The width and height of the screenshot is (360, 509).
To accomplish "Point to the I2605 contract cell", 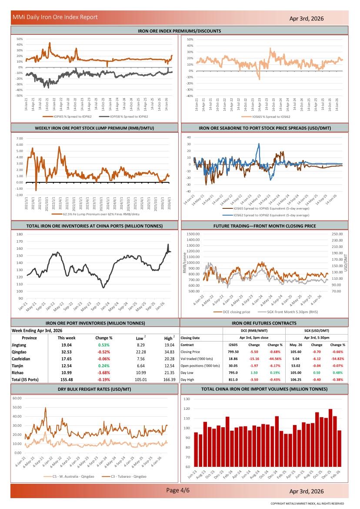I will pyautogui.click(x=233, y=345).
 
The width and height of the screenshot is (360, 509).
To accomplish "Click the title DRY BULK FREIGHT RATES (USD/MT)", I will pyautogui.click(x=94, y=388).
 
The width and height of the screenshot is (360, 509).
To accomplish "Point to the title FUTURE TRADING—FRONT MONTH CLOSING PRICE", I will pyautogui.click(x=264, y=226).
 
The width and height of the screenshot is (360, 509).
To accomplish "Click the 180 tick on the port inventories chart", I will pyautogui.click(x=20, y=234).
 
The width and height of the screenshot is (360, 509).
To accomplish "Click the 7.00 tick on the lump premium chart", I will pyautogui.click(x=20, y=138).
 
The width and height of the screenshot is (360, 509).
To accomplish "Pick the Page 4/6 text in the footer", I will pyautogui.click(x=178, y=490).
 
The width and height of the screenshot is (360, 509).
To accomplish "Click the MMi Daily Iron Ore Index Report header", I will pyautogui.click(x=55, y=17).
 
